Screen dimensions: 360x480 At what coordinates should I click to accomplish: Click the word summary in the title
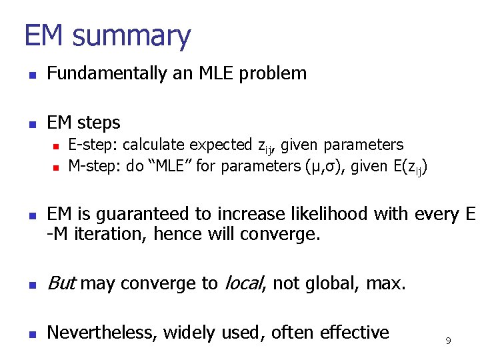pos(132,36)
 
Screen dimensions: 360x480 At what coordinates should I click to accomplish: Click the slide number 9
pos(448,341)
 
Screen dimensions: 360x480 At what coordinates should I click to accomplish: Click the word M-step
pos(94,166)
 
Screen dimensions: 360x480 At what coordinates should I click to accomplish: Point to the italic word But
pos(62,284)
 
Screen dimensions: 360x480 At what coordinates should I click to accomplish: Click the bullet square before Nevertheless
pos(30,333)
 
